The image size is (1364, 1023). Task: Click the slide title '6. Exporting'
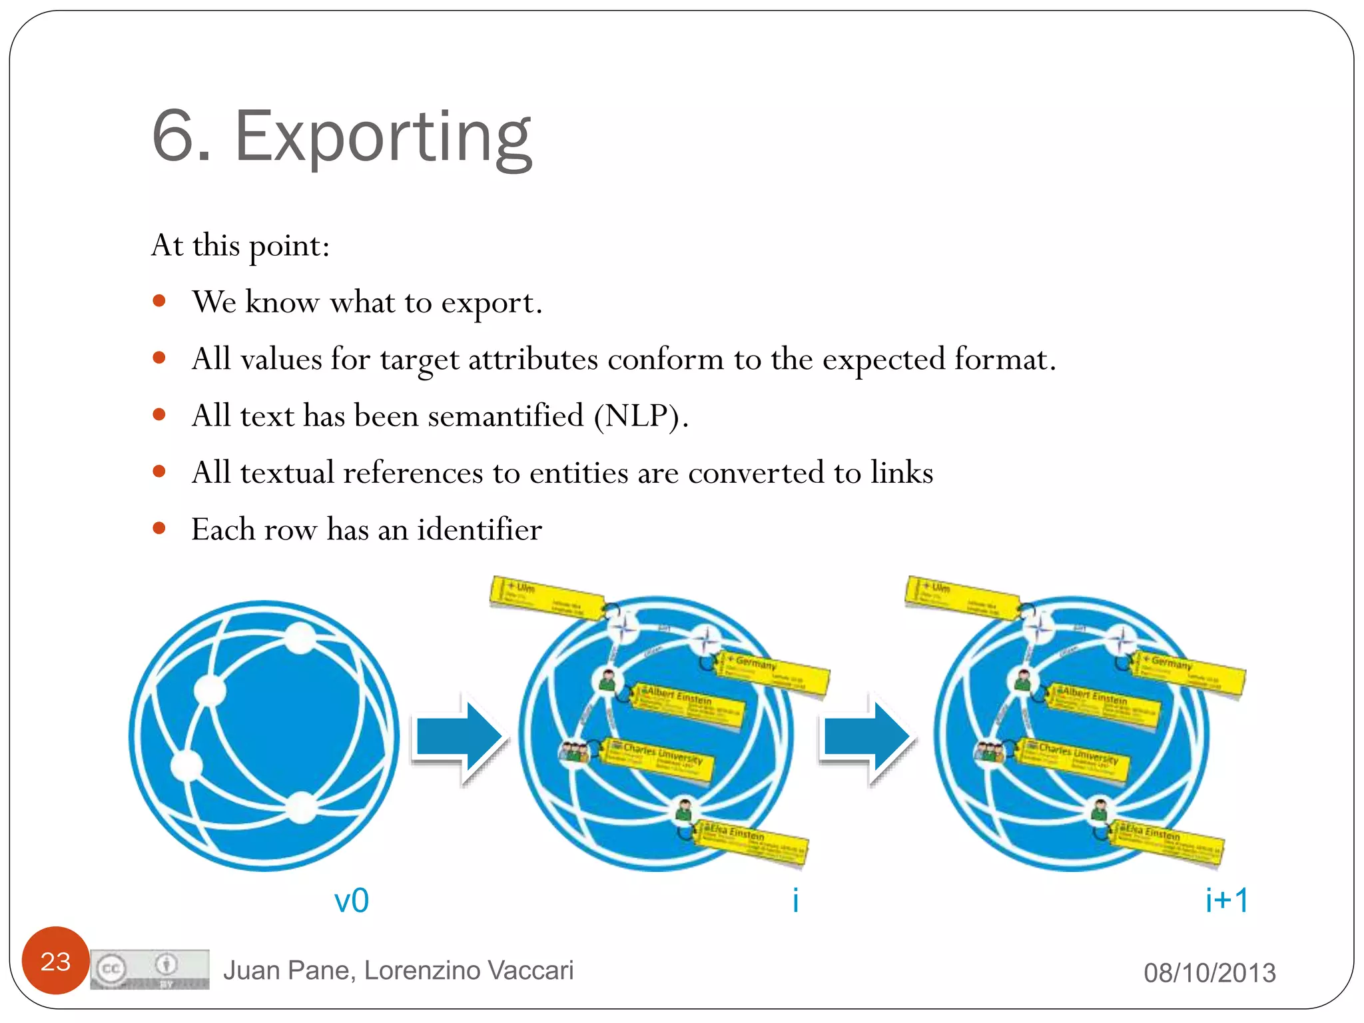342,137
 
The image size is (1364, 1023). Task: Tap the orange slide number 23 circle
55,960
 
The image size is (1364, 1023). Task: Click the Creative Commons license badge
150,969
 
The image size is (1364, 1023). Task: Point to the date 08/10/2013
1209,972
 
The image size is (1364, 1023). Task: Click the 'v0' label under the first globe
351,900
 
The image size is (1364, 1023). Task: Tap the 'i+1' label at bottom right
1226,900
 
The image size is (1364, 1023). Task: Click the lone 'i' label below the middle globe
795,900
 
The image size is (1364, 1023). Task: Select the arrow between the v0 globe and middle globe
459,739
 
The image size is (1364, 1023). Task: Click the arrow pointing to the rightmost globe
866,739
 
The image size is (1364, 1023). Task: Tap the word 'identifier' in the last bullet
480,529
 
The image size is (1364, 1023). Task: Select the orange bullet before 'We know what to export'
159,302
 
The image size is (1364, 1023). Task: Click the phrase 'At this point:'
240,246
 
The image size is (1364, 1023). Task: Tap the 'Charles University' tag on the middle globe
659,759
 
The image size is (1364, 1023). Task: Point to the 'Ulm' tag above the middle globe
546,597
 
